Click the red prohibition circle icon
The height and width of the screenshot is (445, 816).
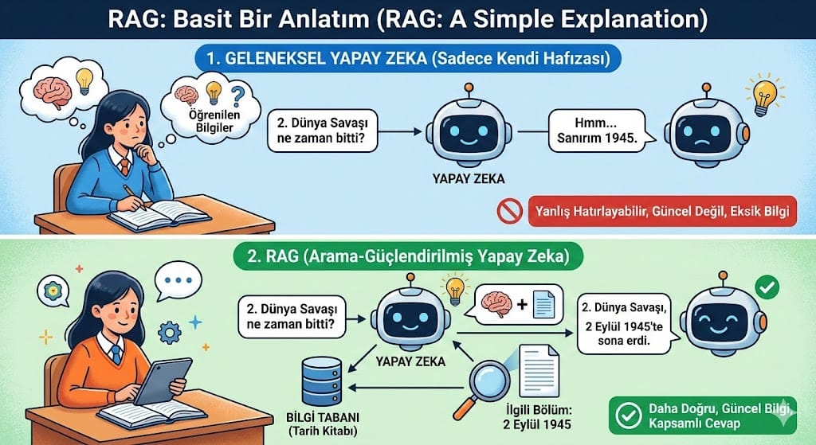coord(510,211)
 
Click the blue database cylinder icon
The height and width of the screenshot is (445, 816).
coord(322,381)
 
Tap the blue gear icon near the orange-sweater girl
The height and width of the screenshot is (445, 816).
coord(170,332)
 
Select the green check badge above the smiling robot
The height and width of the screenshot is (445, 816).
coord(767,287)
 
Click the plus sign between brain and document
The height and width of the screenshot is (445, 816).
coord(522,304)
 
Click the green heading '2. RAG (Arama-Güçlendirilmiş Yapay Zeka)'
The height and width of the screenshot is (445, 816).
coord(408,256)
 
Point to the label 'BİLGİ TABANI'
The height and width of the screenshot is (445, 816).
coord(323,417)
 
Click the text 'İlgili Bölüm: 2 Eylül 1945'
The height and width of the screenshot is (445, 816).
coord(537,416)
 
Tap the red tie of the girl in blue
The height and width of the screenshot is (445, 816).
coord(125,166)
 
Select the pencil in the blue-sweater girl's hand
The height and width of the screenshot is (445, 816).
coord(135,197)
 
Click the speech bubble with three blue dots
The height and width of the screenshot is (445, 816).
coord(178,280)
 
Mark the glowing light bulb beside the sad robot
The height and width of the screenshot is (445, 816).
coord(763,96)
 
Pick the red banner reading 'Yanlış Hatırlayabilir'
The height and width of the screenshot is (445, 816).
coord(662,211)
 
